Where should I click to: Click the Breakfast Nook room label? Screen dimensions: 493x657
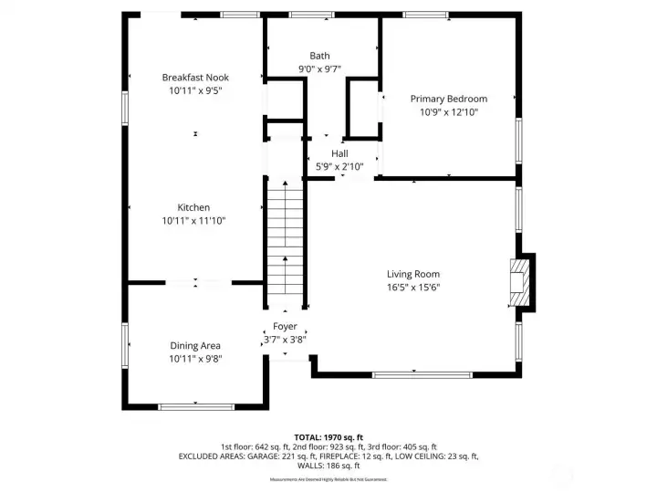pos(195,78)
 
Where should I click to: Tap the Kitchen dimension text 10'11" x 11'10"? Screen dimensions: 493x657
pos(194,221)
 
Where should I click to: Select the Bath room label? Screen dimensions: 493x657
pos(319,56)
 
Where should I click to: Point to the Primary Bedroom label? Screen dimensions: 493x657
pos(448,99)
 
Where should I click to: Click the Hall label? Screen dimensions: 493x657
pos(339,153)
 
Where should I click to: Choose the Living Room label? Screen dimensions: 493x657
pos(412,274)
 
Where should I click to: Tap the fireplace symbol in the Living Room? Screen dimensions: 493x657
pos(518,284)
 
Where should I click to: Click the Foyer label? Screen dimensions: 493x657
pos(285,326)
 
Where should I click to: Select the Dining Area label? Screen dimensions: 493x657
pos(195,345)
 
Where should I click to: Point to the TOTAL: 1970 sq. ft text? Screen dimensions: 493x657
pos(328,437)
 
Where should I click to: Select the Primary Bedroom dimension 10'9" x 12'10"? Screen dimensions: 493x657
pos(448,112)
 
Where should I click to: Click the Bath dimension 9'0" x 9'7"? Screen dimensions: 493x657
pos(319,69)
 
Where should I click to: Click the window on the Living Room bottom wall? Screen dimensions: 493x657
pos(422,374)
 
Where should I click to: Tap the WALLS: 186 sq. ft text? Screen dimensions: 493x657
pos(328,466)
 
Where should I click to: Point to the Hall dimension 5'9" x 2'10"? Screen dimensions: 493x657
pos(339,166)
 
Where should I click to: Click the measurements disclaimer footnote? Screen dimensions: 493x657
pos(328,479)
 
